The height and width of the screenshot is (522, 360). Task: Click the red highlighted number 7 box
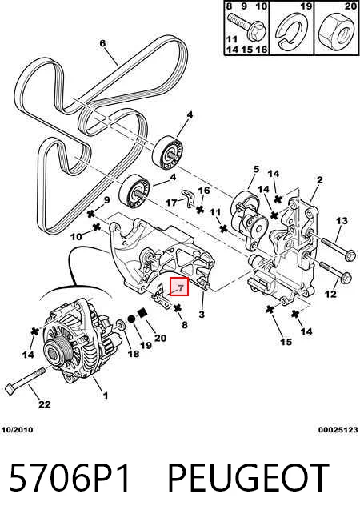pyautogui.click(x=179, y=287)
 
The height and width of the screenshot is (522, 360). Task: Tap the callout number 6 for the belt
pyautogui.click(x=102, y=43)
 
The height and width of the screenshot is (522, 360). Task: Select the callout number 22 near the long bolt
pyautogui.click(x=45, y=404)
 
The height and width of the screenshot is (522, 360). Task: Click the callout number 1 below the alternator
pyautogui.click(x=105, y=396)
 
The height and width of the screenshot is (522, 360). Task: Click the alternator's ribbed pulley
pyautogui.click(x=54, y=353)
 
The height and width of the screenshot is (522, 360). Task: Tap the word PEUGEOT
pyautogui.click(x=248, y=478)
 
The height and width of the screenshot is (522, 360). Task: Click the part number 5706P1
pyautogui.click(x=70, y=478)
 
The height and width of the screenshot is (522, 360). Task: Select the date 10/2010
pyautogui.click(x=18, y=430)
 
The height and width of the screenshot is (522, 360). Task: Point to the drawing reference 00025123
pyautogui.click(x=338, y=430)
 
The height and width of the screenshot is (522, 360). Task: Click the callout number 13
pyautogui.click(x=342, y=220)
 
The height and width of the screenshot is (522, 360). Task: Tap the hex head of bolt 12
pyautogui.click(x=346, y=278)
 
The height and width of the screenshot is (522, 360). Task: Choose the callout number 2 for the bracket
pyautogui.click(x=319, y=180)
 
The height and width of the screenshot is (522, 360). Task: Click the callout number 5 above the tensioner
pyautogui.click(x=256, y=169)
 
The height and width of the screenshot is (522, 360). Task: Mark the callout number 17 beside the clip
pyautogui.click(x=171, y=202)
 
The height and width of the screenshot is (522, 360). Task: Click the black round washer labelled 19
pyautogui.click(x=131, y=319)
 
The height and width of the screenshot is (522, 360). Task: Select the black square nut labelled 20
pyautogui.click(x=142, y=312)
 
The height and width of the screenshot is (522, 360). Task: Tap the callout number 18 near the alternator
pyautogui.click(x=134, y=353)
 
